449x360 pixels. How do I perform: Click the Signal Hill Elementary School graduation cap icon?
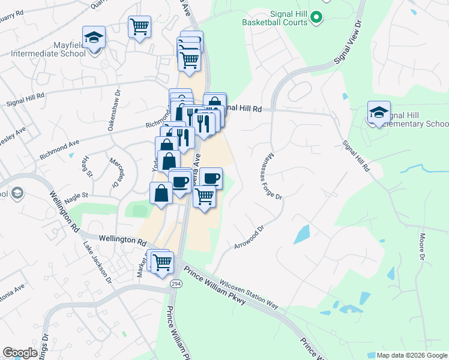(x=379, y=112)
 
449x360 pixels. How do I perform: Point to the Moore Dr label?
(x=423, y=247)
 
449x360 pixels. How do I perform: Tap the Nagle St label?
(x=76, y=195)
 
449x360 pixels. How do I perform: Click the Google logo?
(x=20, y=353)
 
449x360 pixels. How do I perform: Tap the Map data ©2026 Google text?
(x=411, y=355)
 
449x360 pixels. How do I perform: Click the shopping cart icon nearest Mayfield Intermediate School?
(x=139, y=26)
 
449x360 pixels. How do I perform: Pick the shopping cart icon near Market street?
(x=162, y=262)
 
